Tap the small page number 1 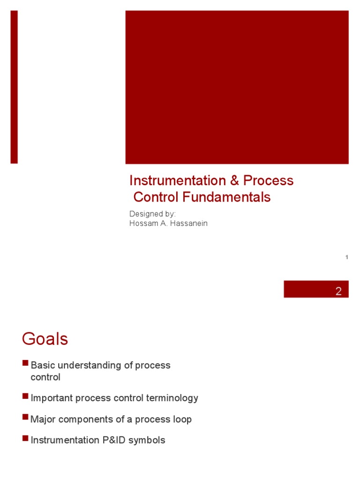coord(346,257)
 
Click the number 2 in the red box coord(338,291)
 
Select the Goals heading coord(45,339)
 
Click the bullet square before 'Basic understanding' coord(25,363)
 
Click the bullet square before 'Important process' coord(25,396)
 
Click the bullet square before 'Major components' coord(25,417)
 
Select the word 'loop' coord(182,420)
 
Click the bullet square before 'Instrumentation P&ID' coord(25,438)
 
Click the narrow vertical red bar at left coord(14,87)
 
